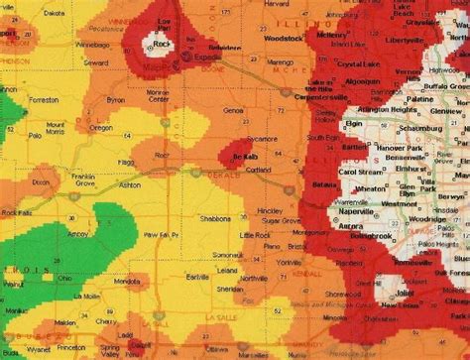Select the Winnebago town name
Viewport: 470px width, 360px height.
pyautogui.click(x=92, y=45)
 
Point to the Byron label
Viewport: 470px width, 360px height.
pyautogui.click(x=116, y=101)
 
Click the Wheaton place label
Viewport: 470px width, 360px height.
pyautogui.click(x=372, y=186)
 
